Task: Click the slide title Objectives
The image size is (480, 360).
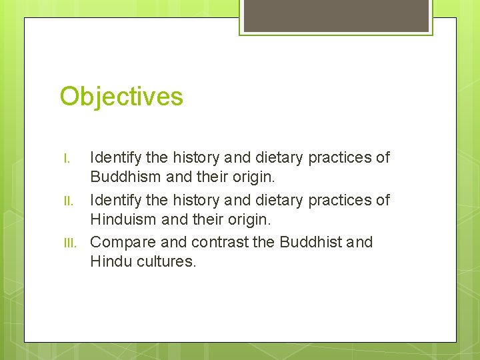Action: (121, 97)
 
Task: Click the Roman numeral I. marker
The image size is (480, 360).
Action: (67, 159)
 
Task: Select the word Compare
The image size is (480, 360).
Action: (119, 242)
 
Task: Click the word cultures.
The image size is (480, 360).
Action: (167, 262)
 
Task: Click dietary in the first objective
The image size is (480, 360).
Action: (279, 158)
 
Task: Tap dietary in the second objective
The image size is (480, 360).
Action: (279, 200)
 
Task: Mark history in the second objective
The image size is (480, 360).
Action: (198, 200)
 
